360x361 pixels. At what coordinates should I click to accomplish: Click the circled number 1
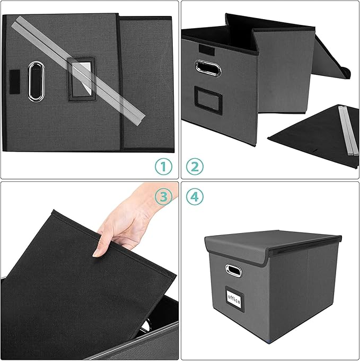[164, 167]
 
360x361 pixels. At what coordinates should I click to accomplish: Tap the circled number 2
[195, 167]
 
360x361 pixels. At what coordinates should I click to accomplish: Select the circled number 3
[164, 197]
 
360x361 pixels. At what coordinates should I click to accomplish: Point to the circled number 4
[195, 197]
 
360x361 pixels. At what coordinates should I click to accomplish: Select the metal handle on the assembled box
[233, 271]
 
